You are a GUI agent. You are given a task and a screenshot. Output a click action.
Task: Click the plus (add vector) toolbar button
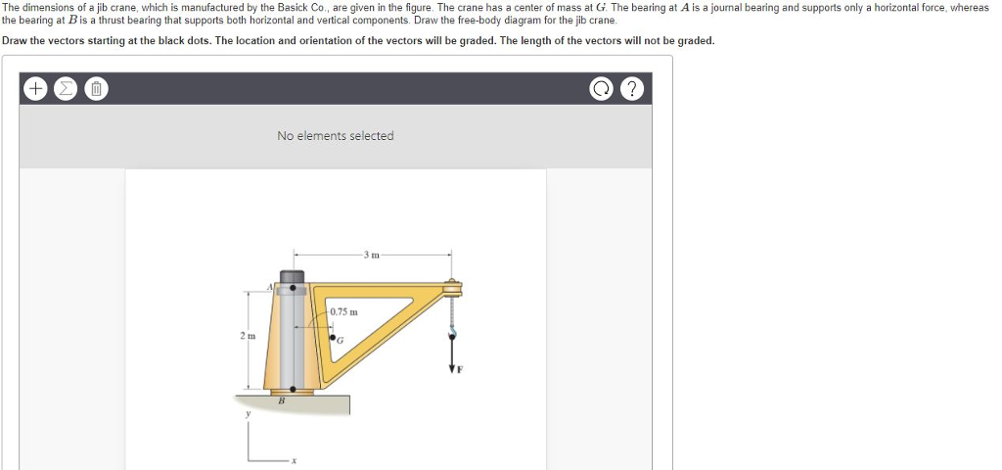coord(35,89)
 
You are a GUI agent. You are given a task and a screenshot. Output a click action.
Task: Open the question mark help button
coord(633,89)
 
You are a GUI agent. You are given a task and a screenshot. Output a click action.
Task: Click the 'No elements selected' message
coord(335,136)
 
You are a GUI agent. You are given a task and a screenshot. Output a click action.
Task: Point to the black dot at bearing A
coord(292,289)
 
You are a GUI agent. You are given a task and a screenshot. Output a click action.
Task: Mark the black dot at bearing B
coord(292,385)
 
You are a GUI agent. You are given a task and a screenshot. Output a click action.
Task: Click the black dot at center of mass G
coord(333,337)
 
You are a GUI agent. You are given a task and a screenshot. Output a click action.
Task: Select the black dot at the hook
coord(452,333)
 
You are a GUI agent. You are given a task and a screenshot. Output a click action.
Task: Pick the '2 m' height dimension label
coord(247,337)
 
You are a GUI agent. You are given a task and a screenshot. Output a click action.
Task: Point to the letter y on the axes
coord(248,414)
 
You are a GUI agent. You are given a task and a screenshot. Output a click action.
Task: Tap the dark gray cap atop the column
coord(292,276)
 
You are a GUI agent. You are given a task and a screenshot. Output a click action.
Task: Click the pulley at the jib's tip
coord(452,288)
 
